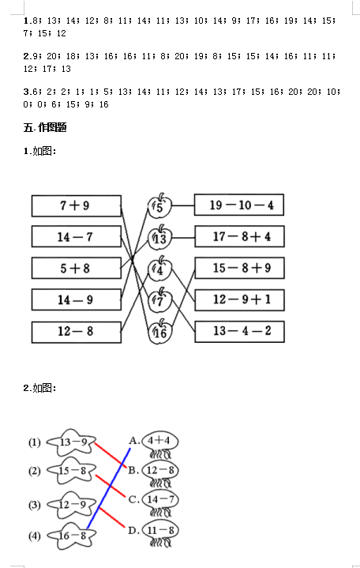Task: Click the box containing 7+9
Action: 77,205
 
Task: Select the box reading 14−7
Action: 77,236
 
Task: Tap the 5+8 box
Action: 77,268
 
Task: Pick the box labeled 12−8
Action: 77,332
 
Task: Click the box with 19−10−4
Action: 239,205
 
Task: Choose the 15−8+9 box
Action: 240,268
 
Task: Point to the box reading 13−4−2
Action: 240,332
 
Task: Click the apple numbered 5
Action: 159,205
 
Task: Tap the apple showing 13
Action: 159,237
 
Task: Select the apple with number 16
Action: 159,332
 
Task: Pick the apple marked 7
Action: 159,300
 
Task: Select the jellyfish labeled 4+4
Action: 160,445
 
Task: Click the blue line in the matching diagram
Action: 109,488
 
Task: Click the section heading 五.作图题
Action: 45,127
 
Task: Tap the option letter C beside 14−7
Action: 133,500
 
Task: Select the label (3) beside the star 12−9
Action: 35,505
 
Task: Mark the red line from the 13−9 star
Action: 111,455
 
